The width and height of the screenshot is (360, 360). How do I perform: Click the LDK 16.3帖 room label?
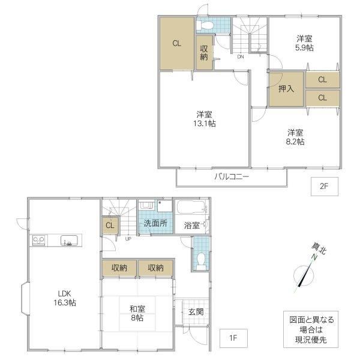[65, 298]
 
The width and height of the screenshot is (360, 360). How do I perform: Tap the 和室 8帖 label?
[137, 313]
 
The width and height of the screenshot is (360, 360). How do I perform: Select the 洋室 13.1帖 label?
[204, 119]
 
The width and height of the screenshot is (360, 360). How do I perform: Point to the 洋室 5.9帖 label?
[304, 43]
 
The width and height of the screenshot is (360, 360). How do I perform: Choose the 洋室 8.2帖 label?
[295, 137]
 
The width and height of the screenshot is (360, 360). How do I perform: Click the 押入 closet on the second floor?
[286, 89]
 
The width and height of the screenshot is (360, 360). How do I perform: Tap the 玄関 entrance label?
[196, 312]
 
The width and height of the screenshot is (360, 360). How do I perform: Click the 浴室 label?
[192, 226]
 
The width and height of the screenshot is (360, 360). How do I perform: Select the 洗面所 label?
[155, 223]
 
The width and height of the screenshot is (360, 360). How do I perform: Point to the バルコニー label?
[232, 177]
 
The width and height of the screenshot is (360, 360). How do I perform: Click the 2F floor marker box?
[325, 187]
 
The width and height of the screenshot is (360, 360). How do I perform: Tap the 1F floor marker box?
[233, 338]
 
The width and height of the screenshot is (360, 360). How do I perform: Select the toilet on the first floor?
[202, 261]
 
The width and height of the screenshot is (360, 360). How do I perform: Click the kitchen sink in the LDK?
[69, 241]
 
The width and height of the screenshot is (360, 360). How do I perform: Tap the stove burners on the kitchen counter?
[38, 240]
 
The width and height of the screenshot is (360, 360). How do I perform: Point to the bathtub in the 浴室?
[192, 208]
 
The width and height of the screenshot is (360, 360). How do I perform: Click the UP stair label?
[128, 239]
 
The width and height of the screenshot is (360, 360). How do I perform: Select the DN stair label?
[241, 57]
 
